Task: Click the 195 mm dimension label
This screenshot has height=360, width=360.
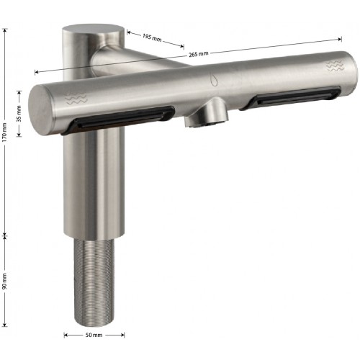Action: coord(152,37)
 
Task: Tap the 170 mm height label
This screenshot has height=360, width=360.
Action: coord(5,132)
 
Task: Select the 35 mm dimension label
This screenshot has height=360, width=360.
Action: coord(19,114)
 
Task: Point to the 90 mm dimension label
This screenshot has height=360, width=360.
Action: coord(5,281)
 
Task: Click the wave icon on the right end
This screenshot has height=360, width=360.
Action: coord(334,66)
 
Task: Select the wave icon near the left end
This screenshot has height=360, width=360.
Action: coord(76,98)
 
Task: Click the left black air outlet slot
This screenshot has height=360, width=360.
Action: coord(118,119)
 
